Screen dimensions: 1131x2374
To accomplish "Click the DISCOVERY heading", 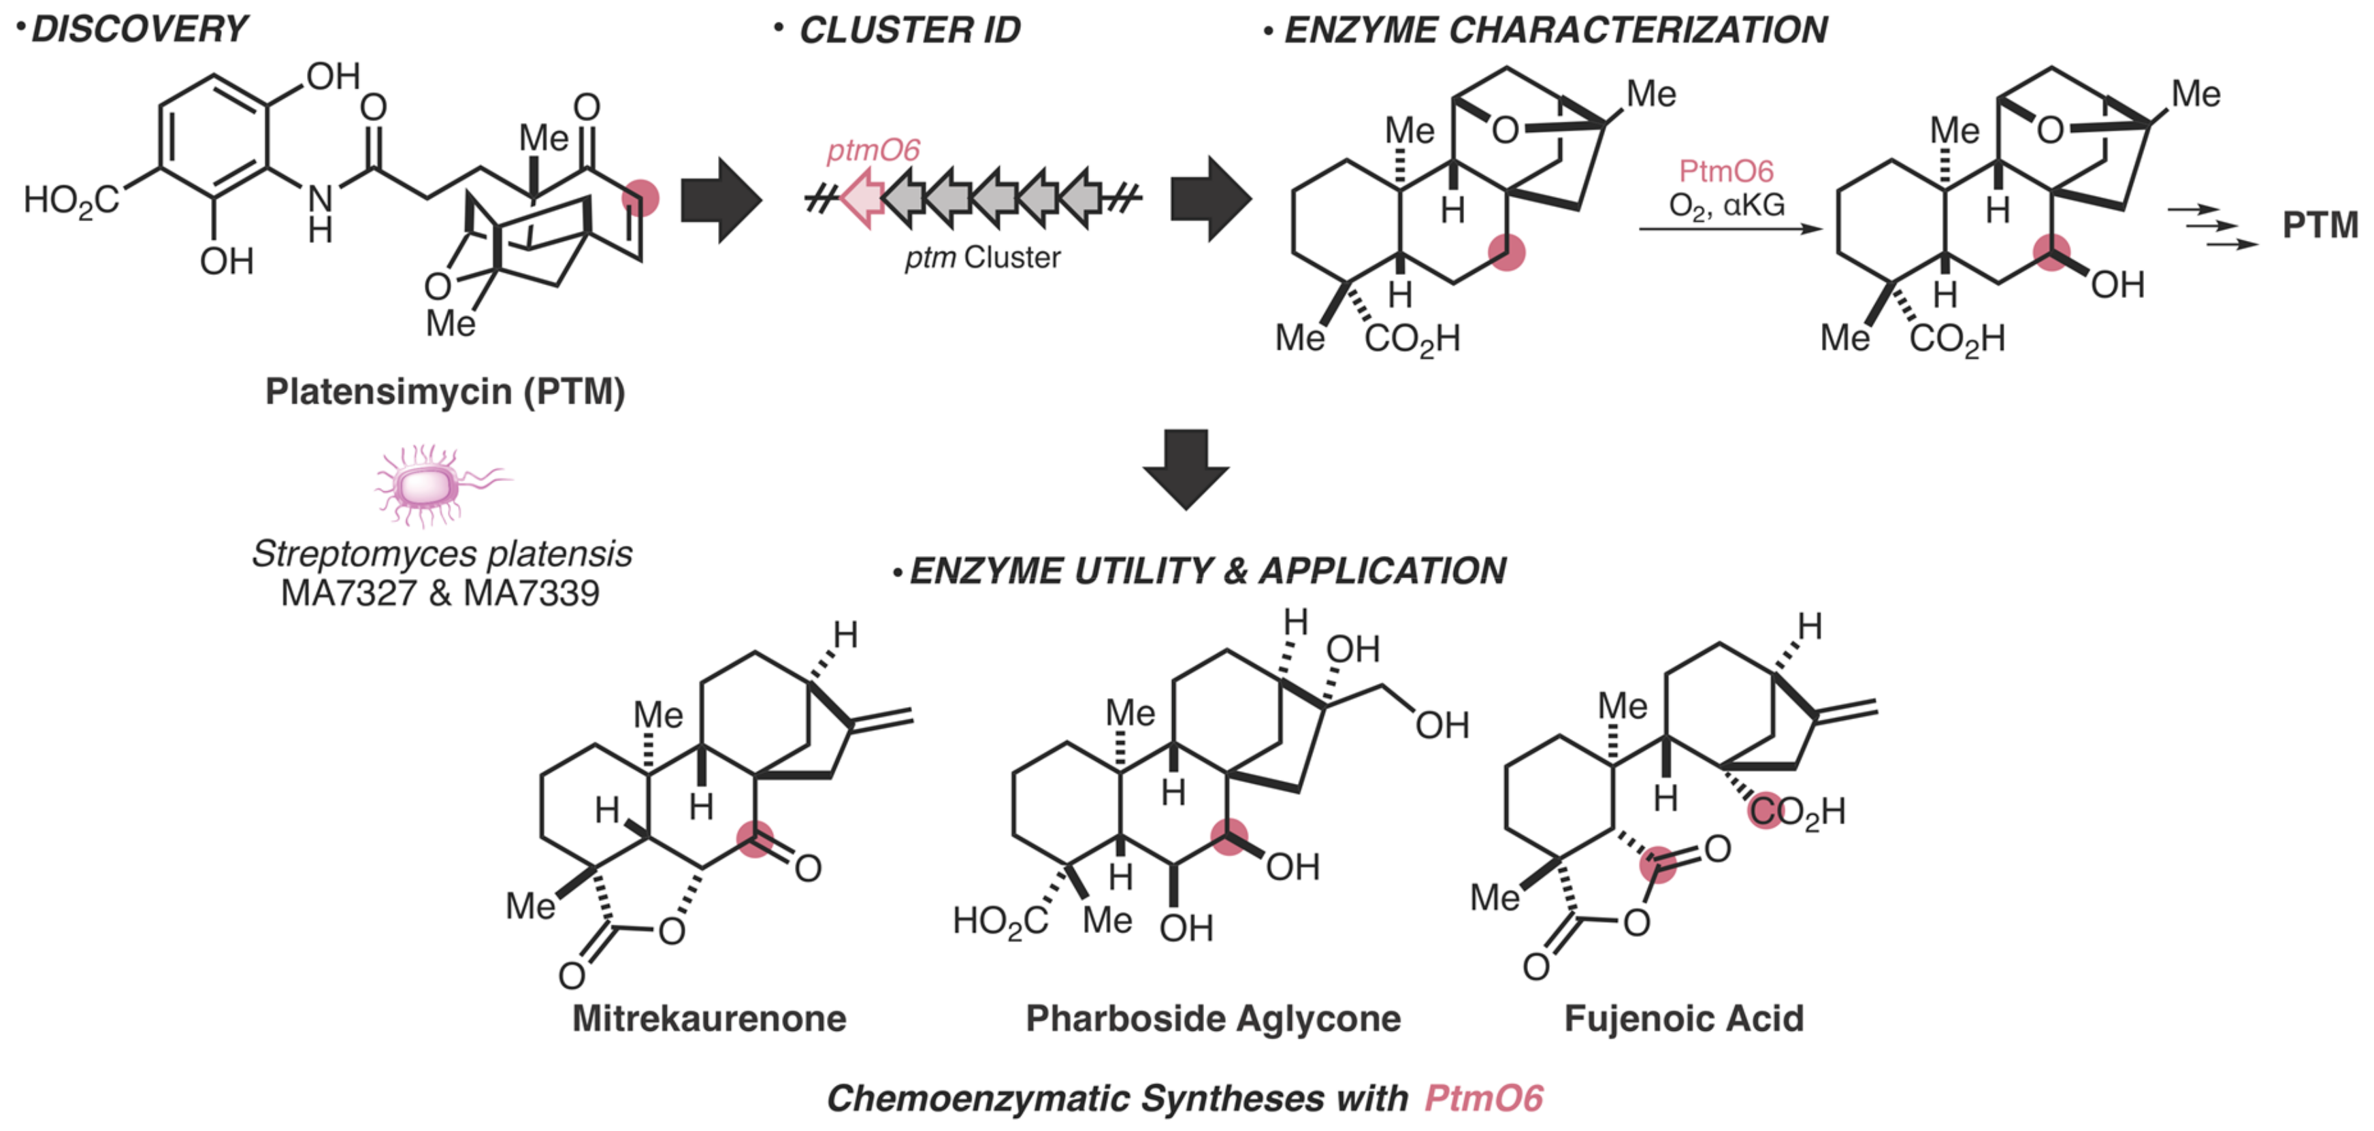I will click(x=139, y=29).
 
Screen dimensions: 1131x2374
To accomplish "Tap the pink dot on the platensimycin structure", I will click(x=640, y=197).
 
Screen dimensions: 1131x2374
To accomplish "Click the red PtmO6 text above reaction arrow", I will click(x=1725, y=171).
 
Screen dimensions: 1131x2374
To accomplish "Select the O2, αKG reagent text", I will click(x=1726, y=205).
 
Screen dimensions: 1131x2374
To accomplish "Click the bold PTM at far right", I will click(x=2319, y=225).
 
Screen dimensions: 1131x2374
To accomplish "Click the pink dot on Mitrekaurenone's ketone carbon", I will click(x=755, y=839).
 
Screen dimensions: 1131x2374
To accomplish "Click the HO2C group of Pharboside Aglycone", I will click(x=1000, y=920).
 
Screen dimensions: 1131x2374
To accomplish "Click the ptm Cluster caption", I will click(x=982, y=257).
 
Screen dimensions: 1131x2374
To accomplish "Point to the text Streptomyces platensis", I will click(x=442, y=553).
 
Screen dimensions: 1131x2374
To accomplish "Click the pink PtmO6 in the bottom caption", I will click(x=1483, y=1097).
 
